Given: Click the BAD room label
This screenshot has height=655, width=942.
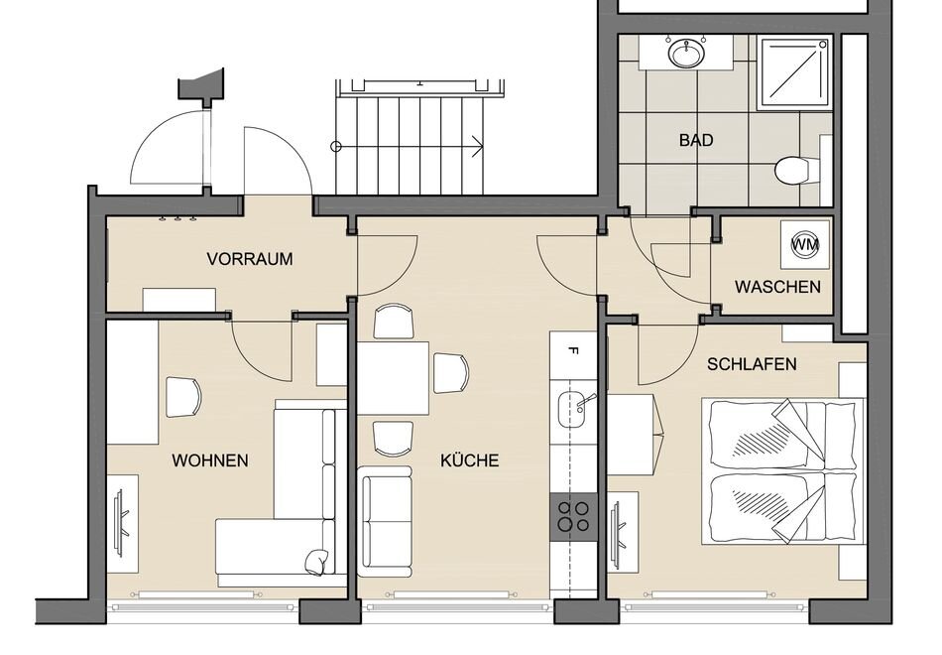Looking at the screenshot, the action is [696, 140].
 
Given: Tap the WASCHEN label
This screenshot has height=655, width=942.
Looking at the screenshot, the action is [777, 286].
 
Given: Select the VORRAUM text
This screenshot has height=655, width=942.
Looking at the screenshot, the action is [250, 259].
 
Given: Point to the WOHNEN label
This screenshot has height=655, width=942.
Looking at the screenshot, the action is [209, 460].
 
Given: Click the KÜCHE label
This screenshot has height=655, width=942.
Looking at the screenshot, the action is [470, 460].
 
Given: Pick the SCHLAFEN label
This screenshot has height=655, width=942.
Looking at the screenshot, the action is [752, 364].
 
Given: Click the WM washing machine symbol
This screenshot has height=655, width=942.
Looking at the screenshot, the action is [805, 244].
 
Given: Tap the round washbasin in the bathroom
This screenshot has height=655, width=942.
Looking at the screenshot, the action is [685, 53].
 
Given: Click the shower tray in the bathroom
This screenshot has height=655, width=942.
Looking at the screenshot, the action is [794, 73].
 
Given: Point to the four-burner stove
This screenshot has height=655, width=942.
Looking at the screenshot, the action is [573, 517].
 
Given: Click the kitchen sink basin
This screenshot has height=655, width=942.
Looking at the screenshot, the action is [571, 409].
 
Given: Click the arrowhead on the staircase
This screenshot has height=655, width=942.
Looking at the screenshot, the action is [478, 146].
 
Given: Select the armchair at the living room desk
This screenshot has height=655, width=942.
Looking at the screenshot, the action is [183, 397].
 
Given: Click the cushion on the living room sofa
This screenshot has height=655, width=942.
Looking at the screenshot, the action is [316, 563].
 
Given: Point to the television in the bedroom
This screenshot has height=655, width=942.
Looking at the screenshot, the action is [617, 528].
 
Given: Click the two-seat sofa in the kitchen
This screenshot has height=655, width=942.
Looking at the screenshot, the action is [386, 521].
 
